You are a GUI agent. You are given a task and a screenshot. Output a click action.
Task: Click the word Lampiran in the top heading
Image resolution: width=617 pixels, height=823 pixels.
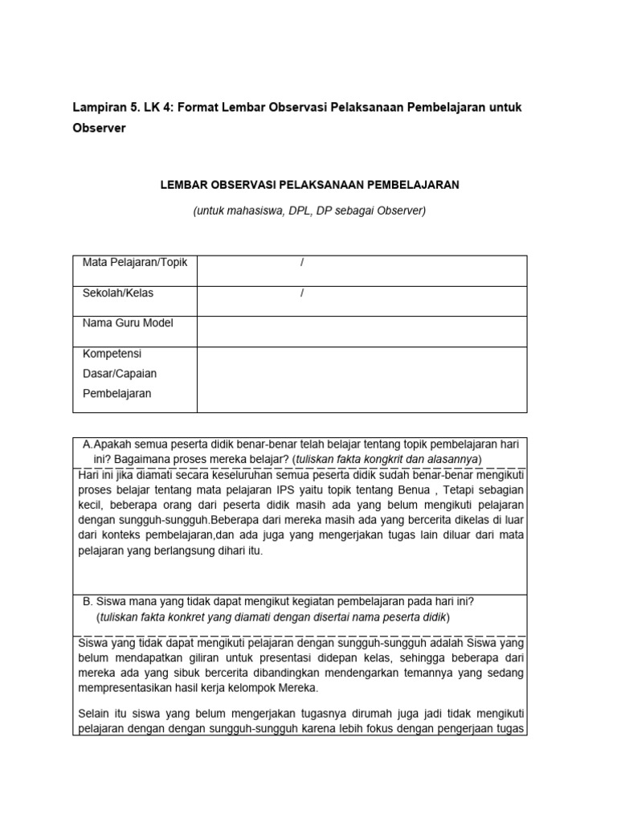click(x=97, y=108)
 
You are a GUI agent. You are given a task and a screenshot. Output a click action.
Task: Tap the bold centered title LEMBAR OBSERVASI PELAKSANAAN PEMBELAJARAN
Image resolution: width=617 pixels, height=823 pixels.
click(x=309, y=185)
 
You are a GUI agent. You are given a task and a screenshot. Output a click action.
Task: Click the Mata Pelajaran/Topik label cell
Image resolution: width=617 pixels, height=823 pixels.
click(x=134, y=263)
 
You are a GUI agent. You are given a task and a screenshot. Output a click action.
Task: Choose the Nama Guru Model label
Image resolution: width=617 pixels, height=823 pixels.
click(x=128, y=323)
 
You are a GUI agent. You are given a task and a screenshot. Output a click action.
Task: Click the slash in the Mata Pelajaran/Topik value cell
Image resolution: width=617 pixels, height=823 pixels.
click(x=301, y=263)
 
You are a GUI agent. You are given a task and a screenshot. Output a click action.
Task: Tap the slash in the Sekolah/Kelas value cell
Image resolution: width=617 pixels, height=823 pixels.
click(x=301, y=293)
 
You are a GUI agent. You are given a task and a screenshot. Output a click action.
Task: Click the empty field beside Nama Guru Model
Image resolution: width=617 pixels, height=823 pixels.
click(x=362, y=330)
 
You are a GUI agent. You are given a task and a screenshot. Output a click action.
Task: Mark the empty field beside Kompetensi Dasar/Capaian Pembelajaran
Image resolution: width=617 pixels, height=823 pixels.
click(x=362, y=379)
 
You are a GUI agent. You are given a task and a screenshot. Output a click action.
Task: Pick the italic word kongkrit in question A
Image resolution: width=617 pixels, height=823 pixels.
click(x=376, y=459)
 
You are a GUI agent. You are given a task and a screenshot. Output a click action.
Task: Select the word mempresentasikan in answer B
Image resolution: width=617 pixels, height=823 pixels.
click(x=125, y=688)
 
